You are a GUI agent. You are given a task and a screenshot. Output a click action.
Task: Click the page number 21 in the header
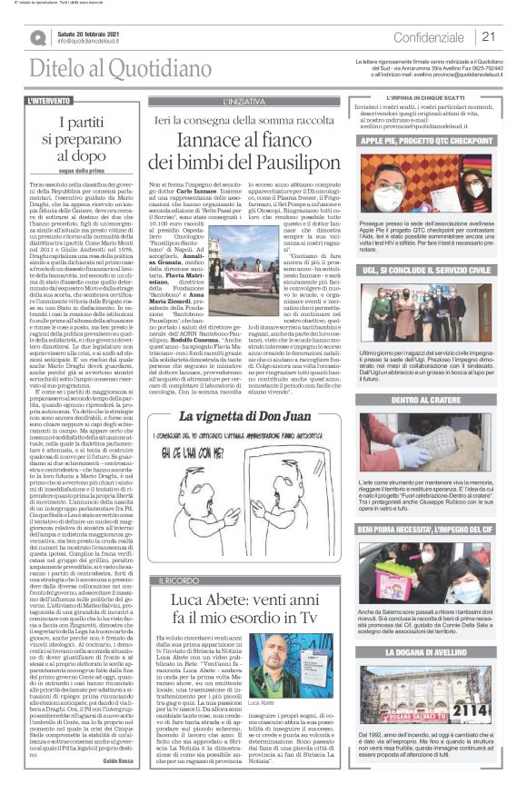488,37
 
